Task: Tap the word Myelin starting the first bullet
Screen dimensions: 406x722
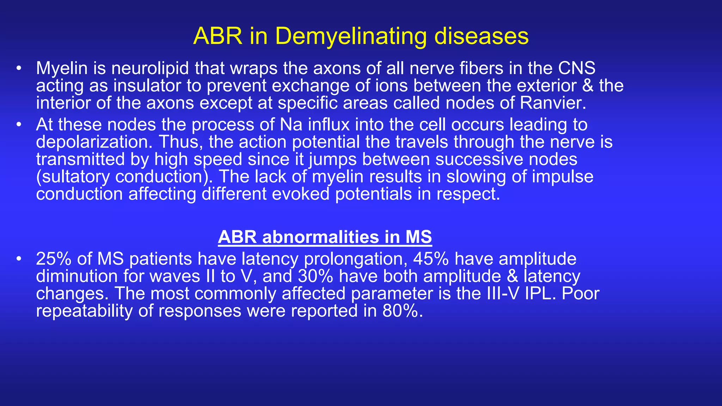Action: (x=62, y=68)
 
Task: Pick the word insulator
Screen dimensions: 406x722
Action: (x=150, y=86)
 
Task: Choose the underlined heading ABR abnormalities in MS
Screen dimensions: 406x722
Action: (x=325, y=237)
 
